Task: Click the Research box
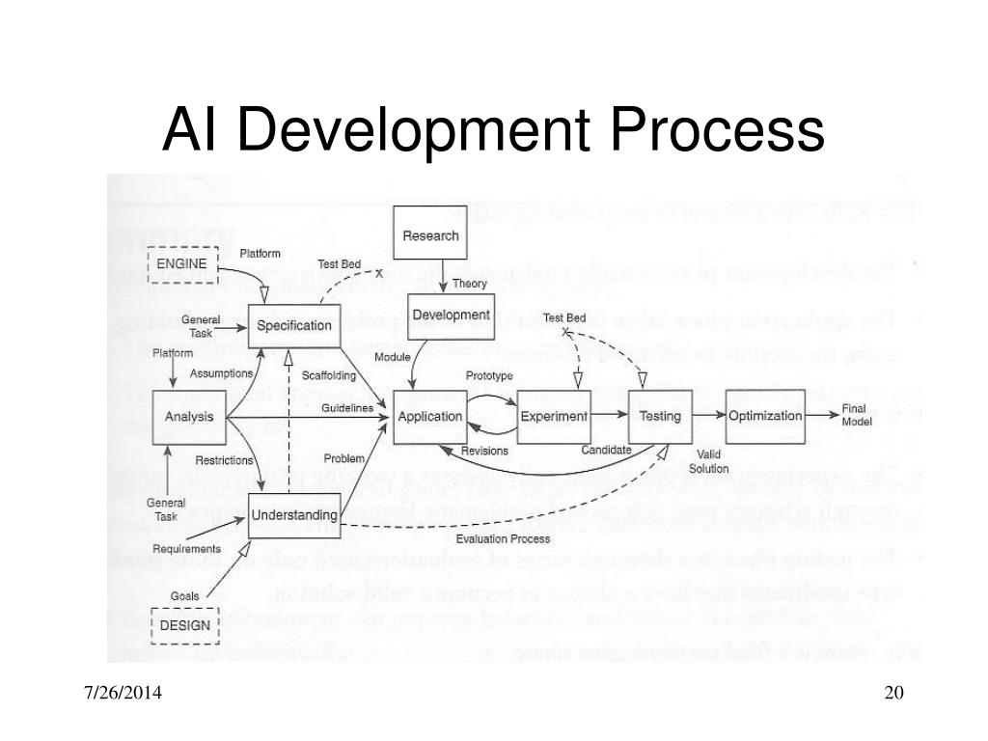coord(430,236)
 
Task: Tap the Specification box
coord(294,326)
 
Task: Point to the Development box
coord(451,316)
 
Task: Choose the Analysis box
coord(188,417)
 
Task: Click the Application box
coord(430,417)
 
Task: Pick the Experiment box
coord(554,417)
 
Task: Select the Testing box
coord(660,417)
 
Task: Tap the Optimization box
coord(765,416)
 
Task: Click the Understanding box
coord(294,515)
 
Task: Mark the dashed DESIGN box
coord(184,624)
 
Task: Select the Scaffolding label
coord(329,374)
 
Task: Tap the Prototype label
coord(489,375)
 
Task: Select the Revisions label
coord(484,451)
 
